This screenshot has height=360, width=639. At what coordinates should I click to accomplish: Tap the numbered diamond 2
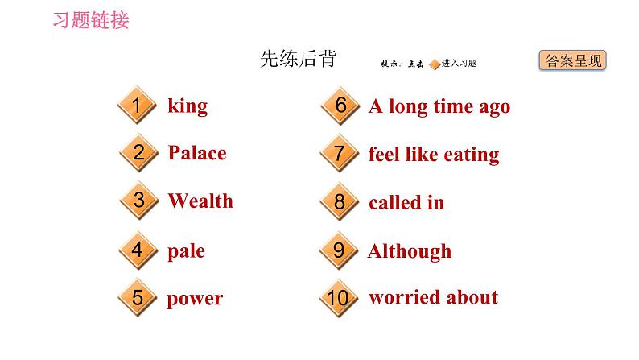[138, 153]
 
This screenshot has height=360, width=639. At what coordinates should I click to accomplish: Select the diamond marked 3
[138, 201]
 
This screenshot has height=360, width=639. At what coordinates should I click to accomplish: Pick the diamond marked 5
[138, 298]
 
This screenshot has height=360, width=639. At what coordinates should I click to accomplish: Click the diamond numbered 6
[340, 106]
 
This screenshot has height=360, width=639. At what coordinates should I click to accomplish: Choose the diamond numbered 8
[339, 202]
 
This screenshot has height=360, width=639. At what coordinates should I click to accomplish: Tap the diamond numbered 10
[339, 298]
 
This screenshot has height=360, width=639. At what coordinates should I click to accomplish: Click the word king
[188, 106]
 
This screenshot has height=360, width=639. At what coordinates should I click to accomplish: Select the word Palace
[197, 153]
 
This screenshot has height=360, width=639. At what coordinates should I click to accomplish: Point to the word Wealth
[200, 201]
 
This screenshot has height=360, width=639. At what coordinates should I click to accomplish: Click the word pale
[186, 250]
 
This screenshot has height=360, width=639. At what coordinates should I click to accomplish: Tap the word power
[195, 299]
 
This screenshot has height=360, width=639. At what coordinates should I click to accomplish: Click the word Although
[410, 250]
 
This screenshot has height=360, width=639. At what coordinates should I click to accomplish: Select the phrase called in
[406, 202]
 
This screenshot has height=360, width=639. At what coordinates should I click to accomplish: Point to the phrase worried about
[433, 298]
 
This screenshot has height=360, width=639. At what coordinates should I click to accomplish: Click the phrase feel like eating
[434, 154]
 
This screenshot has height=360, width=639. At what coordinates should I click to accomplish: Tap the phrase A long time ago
[439, 106]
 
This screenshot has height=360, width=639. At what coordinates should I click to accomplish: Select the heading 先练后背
[298, 59]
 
